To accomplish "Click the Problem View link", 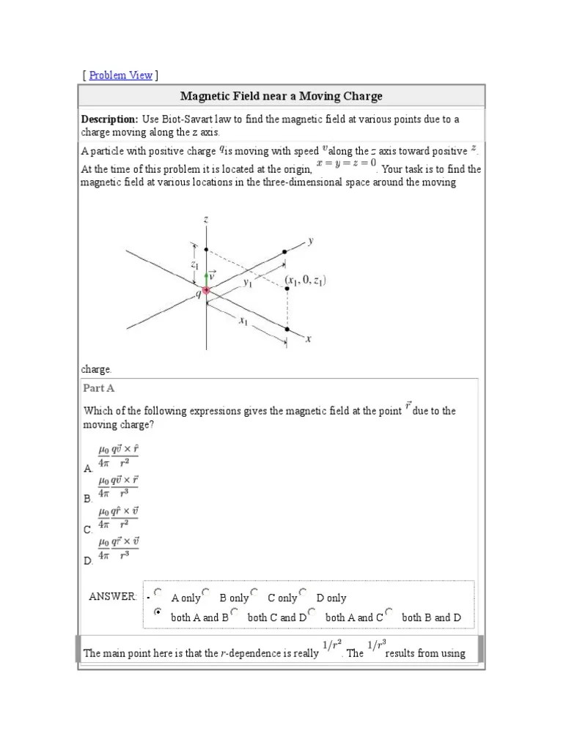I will tap(120, 75).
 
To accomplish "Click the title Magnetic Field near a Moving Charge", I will tap(281, 97).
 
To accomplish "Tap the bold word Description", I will tap(109, 119).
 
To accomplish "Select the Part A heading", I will tap(99, 389).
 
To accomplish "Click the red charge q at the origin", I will tap(206, 291).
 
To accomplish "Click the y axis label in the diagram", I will tap(311, 240).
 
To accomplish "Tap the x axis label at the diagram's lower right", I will tap(308, 339).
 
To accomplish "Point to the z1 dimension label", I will tap(195, 264).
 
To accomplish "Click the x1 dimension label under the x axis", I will tap(243, 321).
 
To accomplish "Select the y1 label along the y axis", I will tap(248, 281).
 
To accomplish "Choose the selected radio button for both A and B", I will tap(158, 612).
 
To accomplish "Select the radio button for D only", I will tap(303, 593).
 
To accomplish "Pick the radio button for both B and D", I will tap(389, 612).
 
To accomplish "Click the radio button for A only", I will tap(158, 593).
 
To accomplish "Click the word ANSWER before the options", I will tap(112, 597).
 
